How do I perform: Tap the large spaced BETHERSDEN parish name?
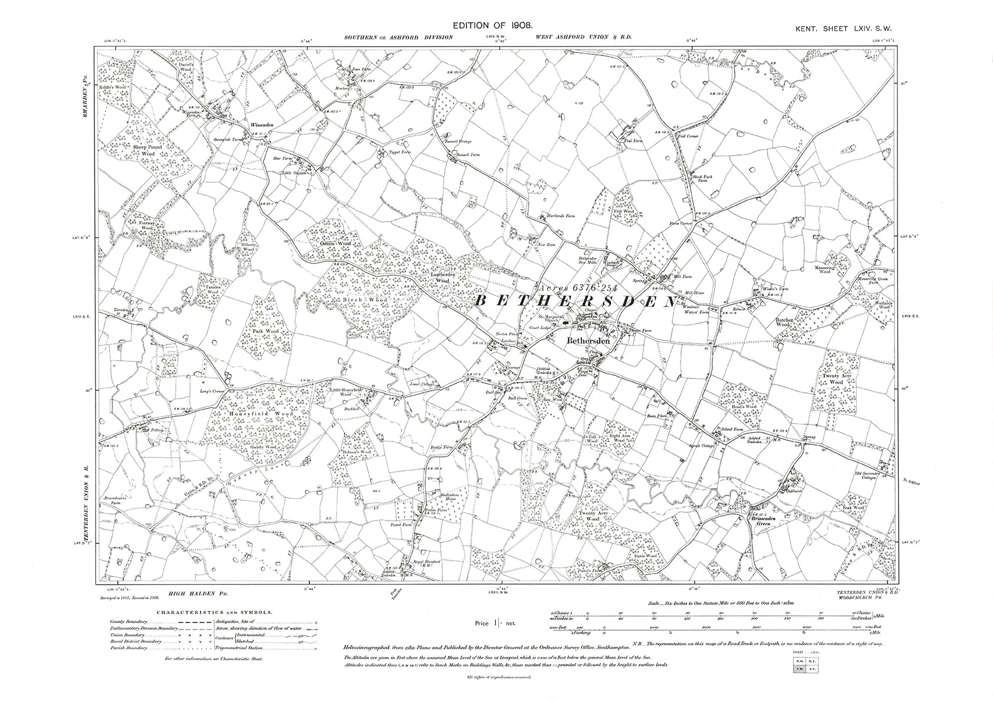click(x=574, y=301)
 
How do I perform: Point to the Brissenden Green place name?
click(x=765, y=520)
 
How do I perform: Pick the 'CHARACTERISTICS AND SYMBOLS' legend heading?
click(x=214, y=612)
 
